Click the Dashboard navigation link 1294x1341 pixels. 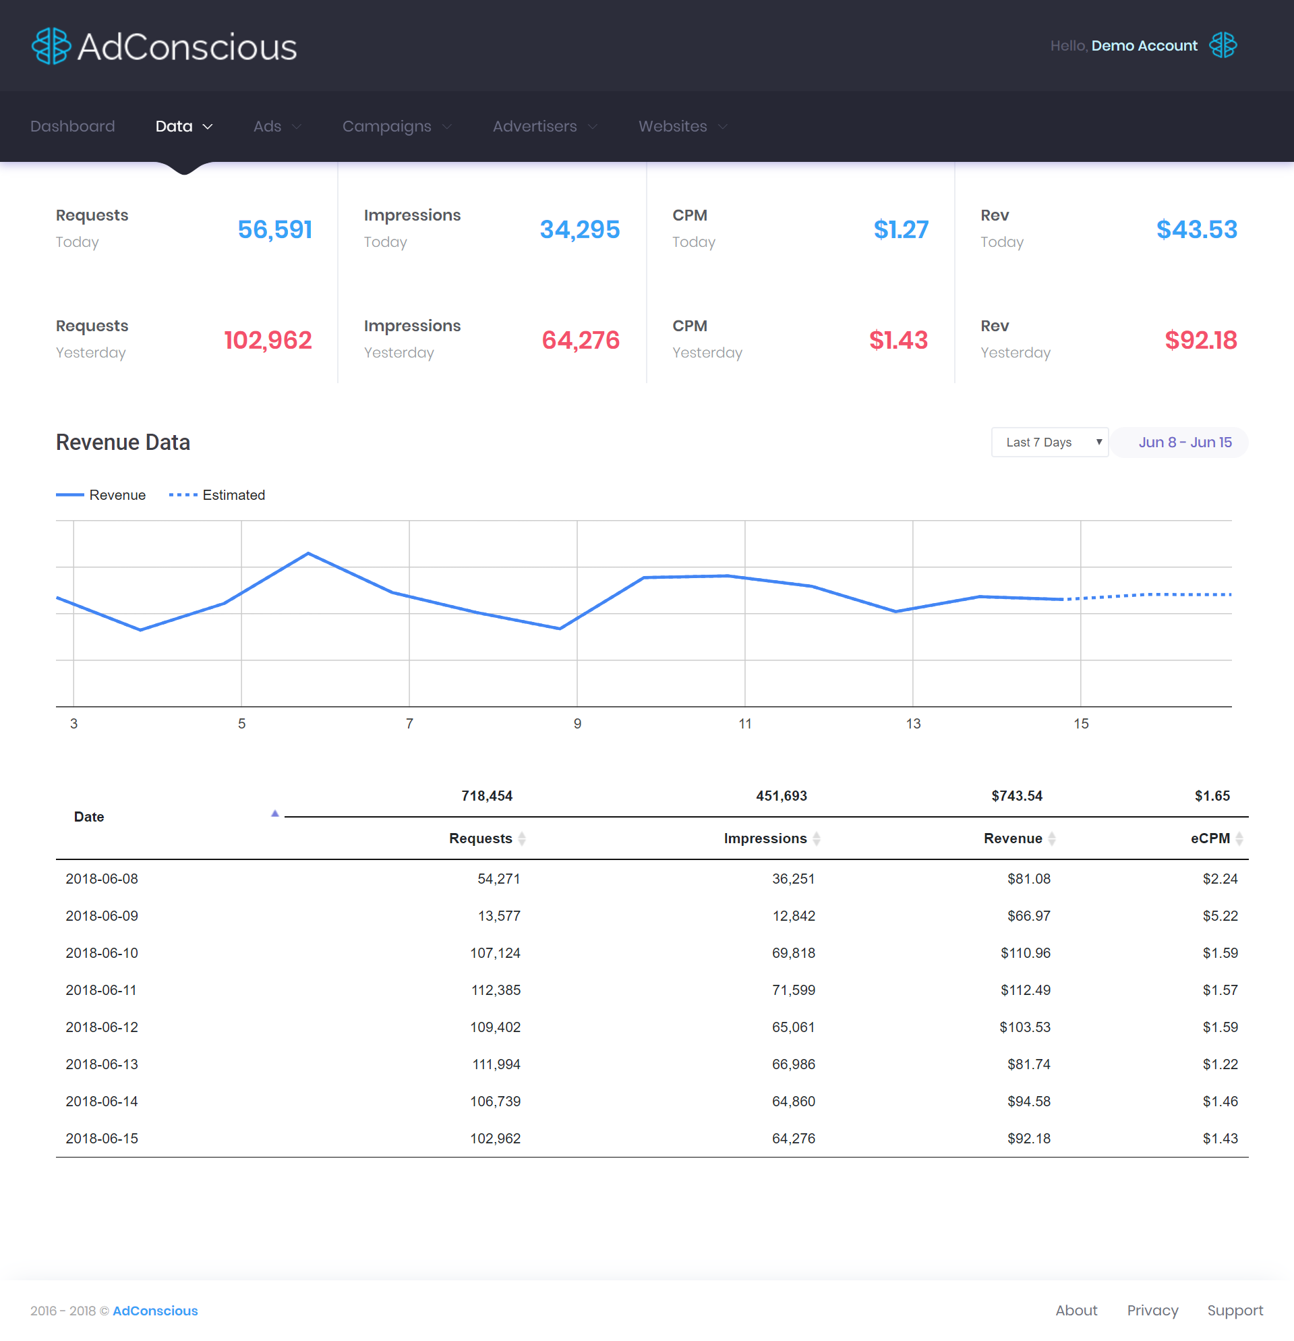[73, 127]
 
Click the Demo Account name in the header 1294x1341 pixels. [1144, 46]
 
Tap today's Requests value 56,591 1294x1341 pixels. [275, 230]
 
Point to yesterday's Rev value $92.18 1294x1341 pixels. [1200, 340]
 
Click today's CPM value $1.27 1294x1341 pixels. [901, 230]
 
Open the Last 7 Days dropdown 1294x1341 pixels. [1050, 443]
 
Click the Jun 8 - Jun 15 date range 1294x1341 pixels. [1185, 443]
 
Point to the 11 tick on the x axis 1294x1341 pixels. [745, 724]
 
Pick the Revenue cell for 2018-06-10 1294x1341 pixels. [1025, 953]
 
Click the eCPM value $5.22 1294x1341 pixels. [1220, 916]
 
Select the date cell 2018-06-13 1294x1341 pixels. [102, 1064]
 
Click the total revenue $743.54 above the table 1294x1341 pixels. [1016, 797]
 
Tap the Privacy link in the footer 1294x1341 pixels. [1152, 1311]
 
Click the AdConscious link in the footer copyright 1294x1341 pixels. [155, 1311]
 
